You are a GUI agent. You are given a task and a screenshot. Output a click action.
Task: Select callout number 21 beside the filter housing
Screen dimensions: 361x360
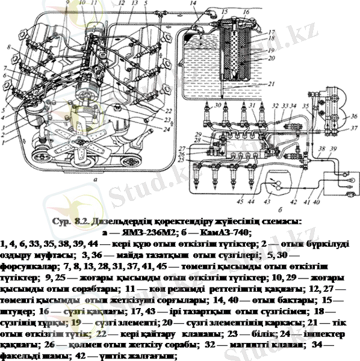(x=273, y=84)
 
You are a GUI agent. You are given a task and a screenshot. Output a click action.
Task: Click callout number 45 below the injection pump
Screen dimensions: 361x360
(x=240, y=201)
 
